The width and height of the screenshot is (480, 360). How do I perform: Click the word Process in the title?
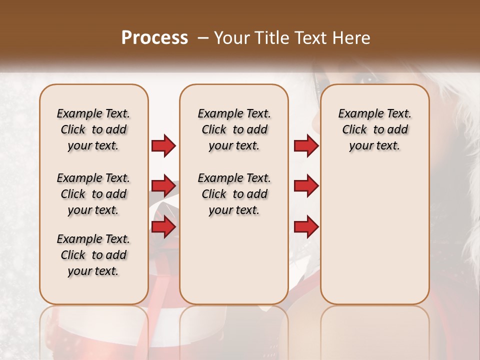(x=154, y=37)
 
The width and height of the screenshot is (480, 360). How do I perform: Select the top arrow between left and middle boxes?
(x=163, y=145)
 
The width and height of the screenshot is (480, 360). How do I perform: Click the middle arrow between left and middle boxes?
(x=163, y=186)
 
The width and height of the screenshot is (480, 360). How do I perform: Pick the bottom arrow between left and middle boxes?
(x=163, y=227)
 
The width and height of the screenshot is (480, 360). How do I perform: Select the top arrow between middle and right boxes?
(x=306, y=145)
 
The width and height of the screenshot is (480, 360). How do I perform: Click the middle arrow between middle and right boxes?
(x=306, y=186)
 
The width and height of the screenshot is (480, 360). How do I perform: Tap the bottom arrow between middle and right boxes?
(x=306, y=227)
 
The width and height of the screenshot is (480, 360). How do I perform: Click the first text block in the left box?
(x=93, y=129)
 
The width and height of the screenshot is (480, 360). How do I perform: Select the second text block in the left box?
(x=93, y=194)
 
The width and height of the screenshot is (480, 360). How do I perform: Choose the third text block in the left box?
(x=93, y=255)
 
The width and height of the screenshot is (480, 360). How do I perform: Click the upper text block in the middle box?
(x=234, y=129)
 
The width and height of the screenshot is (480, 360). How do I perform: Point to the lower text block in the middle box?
(x=234, y=194)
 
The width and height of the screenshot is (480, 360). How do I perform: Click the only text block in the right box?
(x=374, y=129)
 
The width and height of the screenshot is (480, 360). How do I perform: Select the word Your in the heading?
(x=230, y=37)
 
